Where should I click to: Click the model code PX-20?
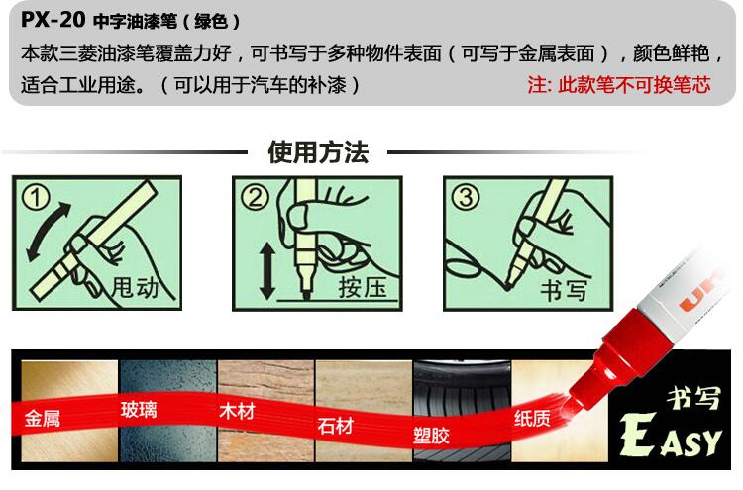(x=53, y=20)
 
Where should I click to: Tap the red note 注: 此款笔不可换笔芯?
(x=619, y=85)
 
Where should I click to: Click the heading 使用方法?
(x=318, y=152)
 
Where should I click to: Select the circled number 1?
(x=36, y=197)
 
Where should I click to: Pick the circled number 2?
(x=255, y=197)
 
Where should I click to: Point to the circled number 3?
(x=466, y=197)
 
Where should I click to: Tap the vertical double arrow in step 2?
(x=267, y=271)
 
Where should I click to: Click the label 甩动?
(x=135, y=287)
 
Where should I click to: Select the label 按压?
(x=363, y=287)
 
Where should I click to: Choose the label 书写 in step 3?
(x=564, y=290)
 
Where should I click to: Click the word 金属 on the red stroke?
(x=43, y=419)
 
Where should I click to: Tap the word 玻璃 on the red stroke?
(x=139, y=410)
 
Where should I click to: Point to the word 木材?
(x=237, y=411)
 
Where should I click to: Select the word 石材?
(x=336, y=426)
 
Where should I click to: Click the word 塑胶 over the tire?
(x=431, y=435)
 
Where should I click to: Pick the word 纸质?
(x=532, y=418)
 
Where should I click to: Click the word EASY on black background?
(x=671, y=436)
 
